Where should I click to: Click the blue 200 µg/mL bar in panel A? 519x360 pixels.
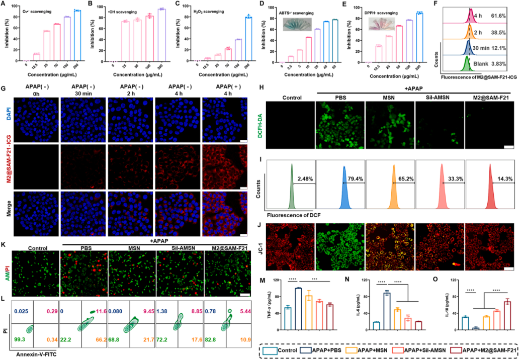point(77,36)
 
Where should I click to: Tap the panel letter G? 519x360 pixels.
point(4,88)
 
